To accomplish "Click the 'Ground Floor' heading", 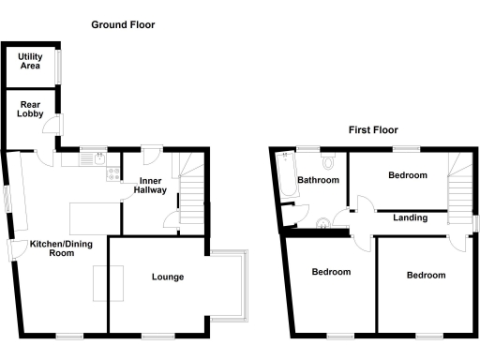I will [123, 24].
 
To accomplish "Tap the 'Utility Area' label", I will [30, 62].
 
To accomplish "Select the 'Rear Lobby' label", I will [29, 110].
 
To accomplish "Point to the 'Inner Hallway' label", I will [152, 185].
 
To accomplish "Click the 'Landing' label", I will [410, 217].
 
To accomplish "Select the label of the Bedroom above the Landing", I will [408, 175].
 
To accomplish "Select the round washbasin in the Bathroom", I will [323, 222].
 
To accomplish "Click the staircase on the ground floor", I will [191, 192].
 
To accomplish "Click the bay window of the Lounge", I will [230, 286].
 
